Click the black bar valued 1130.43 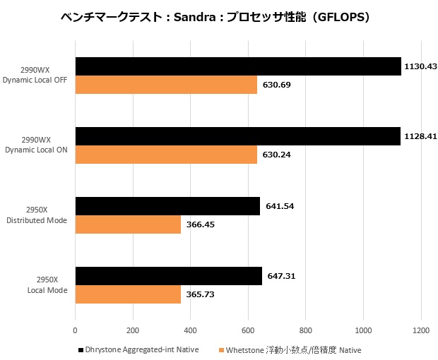[x=237, y=66]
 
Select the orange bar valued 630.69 [x=166, y=85]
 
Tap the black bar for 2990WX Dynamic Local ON [x=237, y=136]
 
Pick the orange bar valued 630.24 [x=166, y=155]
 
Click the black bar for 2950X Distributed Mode [x=167, y=206]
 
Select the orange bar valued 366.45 [x=128, y=224]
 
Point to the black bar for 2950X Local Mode [x=168, y=276]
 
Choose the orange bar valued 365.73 [x=128, y=294]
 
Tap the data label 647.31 [x=282, y=276]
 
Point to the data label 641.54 [x=280, y=206]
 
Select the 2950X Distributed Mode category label [x=42, y=215]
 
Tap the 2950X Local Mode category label [x=47, y=285]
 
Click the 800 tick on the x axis [x=306, y=329]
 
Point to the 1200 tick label [x=421, y=329]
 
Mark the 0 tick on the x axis [x=75, y=329]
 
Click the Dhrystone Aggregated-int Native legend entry [x=142, y=349]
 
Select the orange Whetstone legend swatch [x=221, y=349]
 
